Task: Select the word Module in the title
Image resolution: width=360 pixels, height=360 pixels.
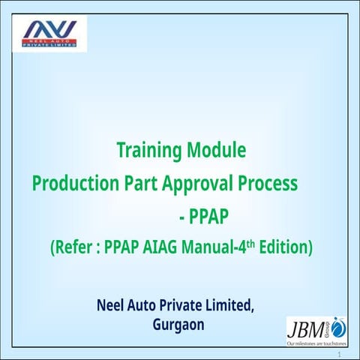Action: pos(217,151)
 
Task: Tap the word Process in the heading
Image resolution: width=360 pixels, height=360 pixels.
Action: pos(268,184)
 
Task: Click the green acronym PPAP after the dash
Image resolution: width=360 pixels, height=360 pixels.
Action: pos(209,217)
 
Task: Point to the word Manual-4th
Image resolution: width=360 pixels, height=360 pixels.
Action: pos(222,247)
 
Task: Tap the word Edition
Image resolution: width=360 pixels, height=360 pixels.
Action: pos(286,247)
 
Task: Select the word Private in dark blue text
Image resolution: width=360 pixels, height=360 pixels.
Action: pos(188,306)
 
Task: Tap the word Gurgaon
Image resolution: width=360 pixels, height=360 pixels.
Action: pos(178,325)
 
